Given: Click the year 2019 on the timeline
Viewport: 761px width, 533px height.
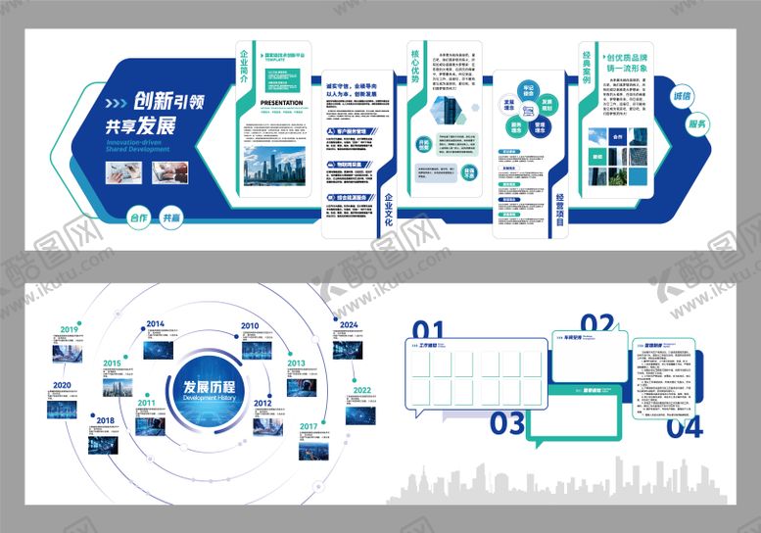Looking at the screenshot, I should point(69,330).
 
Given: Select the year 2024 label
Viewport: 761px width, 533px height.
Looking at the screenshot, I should point(351,325).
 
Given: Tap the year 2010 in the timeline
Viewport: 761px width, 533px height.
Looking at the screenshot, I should point(250,326).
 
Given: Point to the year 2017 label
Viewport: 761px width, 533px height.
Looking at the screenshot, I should point(309,426).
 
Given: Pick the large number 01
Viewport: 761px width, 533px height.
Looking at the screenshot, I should point(428,331).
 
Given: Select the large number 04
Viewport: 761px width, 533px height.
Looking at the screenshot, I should point(684,426).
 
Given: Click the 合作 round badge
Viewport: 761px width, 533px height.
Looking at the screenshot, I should point(138,218).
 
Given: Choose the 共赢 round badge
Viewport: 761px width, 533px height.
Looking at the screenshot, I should point(171,218).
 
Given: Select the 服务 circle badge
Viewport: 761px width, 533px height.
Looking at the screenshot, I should point(697,123).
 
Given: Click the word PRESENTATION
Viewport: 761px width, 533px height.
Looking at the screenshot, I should point(287,100).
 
